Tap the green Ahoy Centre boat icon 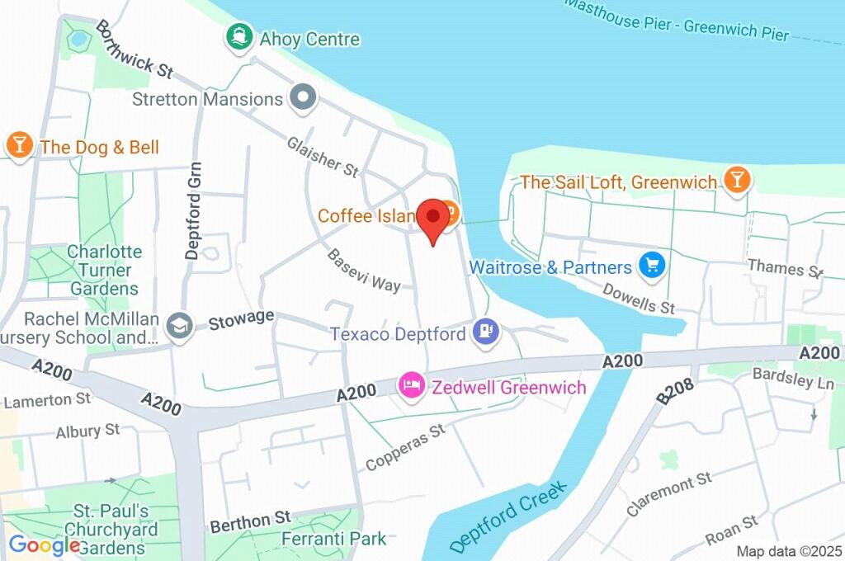(x=239, y=37)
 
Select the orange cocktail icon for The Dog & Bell (x=18, y=145)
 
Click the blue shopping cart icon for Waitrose (x=653, y=266)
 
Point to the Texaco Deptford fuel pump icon (x=485, y=332)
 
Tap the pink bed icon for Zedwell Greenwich (x=410, y=385)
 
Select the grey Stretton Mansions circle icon (x=304, y=98)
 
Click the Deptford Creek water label (x=510, y=517)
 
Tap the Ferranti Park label (x=333, y=539)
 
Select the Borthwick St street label (x=134, y=49)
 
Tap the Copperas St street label (x=406, y=448)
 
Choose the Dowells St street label (x=639, y=298)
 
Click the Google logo (x=45, y=544)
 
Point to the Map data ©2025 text (x=787, y=551)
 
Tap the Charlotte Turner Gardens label (x=105, y=270)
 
